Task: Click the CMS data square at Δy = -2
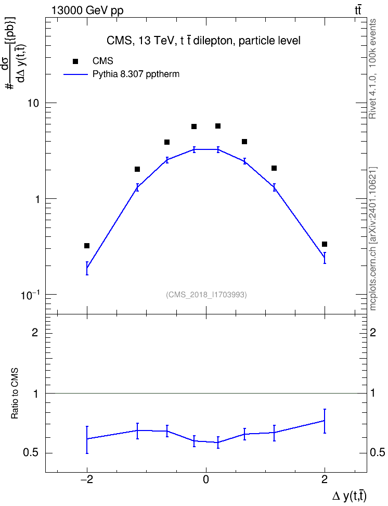(87, 246)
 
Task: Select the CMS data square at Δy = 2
(325, 244)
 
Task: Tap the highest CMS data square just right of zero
(218, 126)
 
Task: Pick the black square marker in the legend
(75, 61)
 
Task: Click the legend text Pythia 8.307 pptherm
(136, 74)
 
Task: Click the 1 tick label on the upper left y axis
(37, 199)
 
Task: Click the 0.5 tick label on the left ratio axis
(31, 453)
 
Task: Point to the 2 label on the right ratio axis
(373, 332)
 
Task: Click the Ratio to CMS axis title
(15, 393)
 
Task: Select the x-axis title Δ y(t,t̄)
(350, 496)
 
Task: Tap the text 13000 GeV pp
(87, 11)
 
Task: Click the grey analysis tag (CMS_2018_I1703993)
(206, 295)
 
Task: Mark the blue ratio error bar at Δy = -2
(87, 440)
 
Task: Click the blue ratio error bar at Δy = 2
(325, 421)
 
